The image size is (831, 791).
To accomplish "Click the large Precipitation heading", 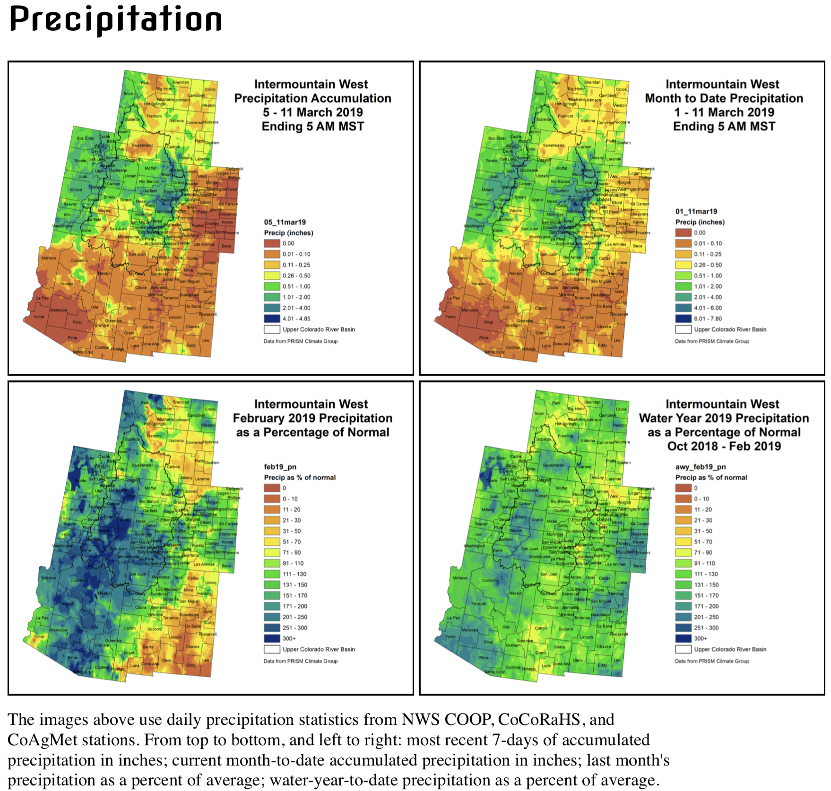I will click(x=115, y=20).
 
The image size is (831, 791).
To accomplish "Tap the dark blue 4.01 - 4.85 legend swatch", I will click(x=272, y=318).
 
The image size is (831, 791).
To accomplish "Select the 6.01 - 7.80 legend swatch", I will click(x=683, y=318).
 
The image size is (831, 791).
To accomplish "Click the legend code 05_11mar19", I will click(x=285, y=222).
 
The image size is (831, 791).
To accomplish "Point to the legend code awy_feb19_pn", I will click(x=701, y=467).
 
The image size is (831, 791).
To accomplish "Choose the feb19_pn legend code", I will click(x=280, y=467).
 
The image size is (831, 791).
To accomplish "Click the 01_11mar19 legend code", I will click(x=696, y=211).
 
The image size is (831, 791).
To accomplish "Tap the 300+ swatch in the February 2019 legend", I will click(x=272, y=638).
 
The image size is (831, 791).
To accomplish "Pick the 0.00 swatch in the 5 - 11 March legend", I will click(x=272, y=243).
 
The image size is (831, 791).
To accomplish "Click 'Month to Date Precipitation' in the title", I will click(x=724, y=98).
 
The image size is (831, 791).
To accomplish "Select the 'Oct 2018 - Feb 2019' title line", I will click(x=724, y=446).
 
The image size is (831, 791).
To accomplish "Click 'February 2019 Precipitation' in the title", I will click(x=312, y=418).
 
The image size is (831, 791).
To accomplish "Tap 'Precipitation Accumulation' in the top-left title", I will click(x=312, y=98).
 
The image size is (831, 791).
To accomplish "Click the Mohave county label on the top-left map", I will click(x=49, y=258).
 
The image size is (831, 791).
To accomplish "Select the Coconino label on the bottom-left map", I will click(x=79, y=580).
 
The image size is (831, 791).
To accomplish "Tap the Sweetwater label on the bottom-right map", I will click(x=554, y=465).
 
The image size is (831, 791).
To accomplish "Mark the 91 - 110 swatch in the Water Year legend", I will click(x=683, y=563).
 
